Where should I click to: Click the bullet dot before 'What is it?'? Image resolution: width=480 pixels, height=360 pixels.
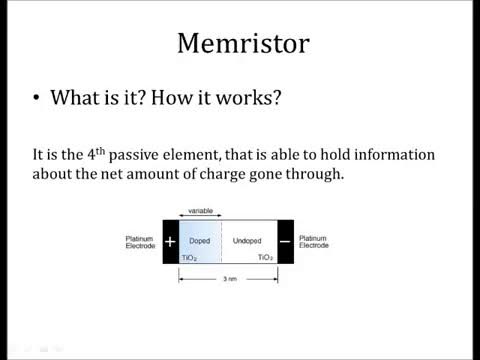point(37,101)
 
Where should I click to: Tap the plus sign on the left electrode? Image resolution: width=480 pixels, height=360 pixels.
point(170,242)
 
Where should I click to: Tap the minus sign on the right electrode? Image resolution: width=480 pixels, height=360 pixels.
point(285,242)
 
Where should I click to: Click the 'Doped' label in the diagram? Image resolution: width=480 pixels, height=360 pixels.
point(199,242)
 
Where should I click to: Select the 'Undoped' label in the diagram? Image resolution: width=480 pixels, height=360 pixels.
point(247,242)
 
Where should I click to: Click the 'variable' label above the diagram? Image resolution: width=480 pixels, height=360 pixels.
point(199,212)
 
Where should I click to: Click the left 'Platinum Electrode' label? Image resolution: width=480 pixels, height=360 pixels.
point(139,242)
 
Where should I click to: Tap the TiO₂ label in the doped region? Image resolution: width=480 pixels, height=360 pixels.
point(188,258)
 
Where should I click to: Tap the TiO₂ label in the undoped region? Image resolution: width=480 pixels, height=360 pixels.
point(265,258)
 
